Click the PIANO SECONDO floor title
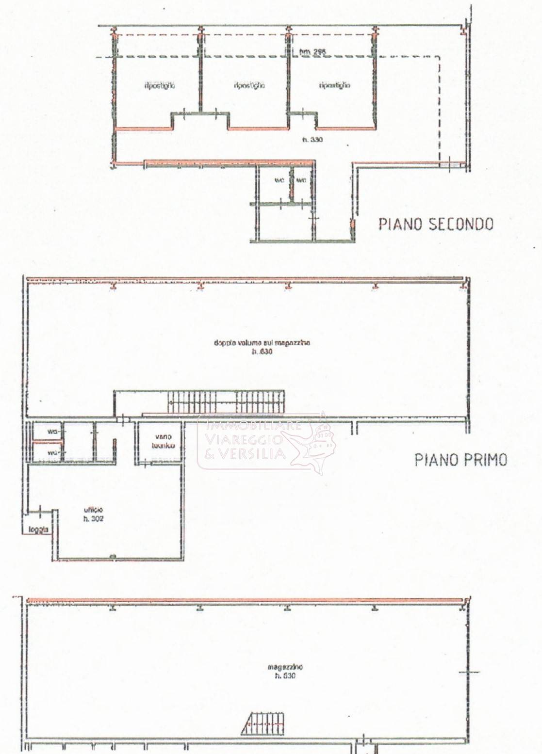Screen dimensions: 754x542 436,224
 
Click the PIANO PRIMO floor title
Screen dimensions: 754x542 460,460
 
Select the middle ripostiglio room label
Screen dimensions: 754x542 249,86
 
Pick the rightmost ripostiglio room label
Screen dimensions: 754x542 335,86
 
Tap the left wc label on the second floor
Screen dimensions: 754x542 279,180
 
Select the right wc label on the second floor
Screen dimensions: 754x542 301,180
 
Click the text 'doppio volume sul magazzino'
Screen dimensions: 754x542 262,343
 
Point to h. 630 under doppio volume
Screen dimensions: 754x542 262,352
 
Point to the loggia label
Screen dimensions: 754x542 38,529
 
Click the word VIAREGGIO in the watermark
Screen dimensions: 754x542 244,440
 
